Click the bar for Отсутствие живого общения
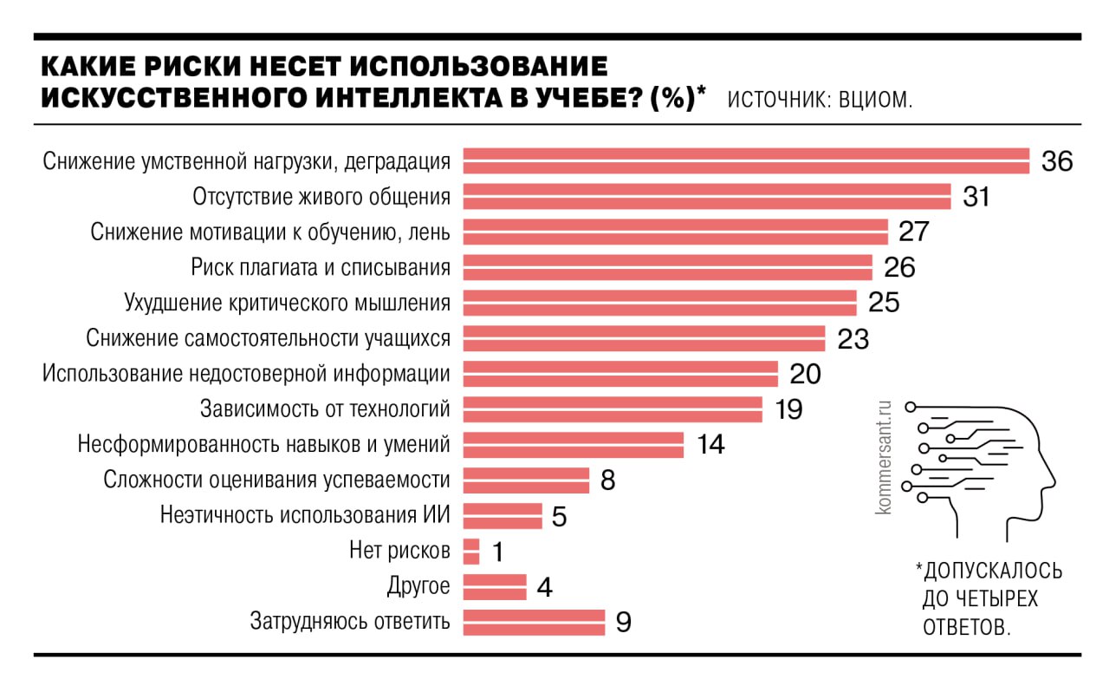pyautogui.click(x=707, y=196)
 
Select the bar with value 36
pyautogui.click(x=746, y=160)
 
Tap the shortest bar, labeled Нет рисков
pyautogui.click(x=471, y=551)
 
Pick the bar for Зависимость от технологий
pyautogui.click(x=613, y=408)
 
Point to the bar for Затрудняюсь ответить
pyautogui.click(x=534, y=622)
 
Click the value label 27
pyautogui.click(x=913, y=232)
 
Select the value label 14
pyautogui.click(x=710, y=445)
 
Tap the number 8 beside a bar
pyautogui.click(x=608, y=480)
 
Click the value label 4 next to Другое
pyautogui.click(x=545, y=587)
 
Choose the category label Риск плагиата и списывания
pyautogui.click(x=321, y=267)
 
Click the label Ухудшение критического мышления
pyautogui.click(x=288, y=303)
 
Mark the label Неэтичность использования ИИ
pyautogui.click(x=305, y=514)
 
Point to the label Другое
pyautogui.click(x=418, y=586)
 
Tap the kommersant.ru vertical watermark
pyautogui.click(x=884, y=457)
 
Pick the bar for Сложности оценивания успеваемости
pyautogui.click(x=526, y=480)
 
